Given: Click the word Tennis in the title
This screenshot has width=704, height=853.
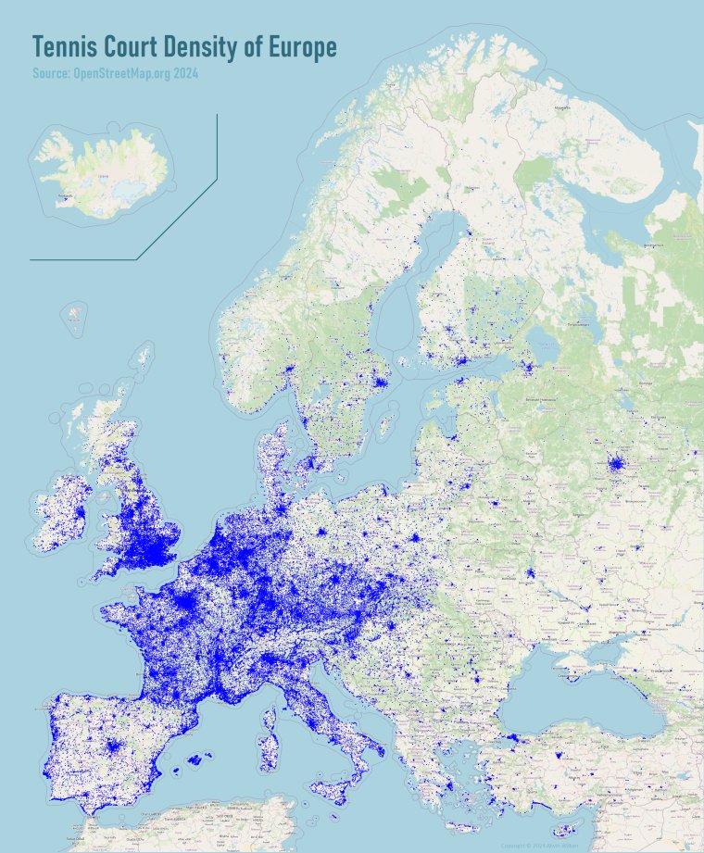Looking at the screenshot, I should [63, 47].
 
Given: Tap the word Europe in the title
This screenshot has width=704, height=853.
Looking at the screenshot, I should [301, 47].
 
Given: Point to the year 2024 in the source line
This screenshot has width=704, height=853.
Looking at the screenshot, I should [183, 73].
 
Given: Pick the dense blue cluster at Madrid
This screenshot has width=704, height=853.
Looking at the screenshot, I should [113, 746].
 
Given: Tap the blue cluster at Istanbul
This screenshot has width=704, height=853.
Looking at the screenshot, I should [510, 737].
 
